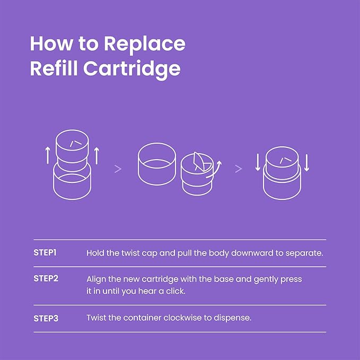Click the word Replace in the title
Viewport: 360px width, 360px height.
click(x=145, y=45)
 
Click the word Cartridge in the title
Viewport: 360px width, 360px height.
click(x=132, y=69)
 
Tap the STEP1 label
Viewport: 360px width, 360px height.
click(x=45, y=252)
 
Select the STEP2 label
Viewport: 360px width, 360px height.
click(x=46, y=278)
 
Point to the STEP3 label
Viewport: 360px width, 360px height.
click(x=46, y=319)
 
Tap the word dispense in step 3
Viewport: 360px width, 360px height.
click(x=232, y=319)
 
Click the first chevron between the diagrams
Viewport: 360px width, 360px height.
click(x=118, y=169)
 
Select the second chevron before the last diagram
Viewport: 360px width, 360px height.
click(x=239, y=169)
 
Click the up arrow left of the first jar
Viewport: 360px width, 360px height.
click(x=48, y=155)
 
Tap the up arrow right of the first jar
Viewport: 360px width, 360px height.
click(x=96, y=156)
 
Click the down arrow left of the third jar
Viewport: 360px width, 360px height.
click(x=258, y=163)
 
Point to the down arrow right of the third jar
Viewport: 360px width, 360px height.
click(x=306, y=163)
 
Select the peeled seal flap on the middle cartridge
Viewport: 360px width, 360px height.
click(x=199, y=161)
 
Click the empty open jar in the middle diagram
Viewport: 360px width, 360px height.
click(x=157, y=164)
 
